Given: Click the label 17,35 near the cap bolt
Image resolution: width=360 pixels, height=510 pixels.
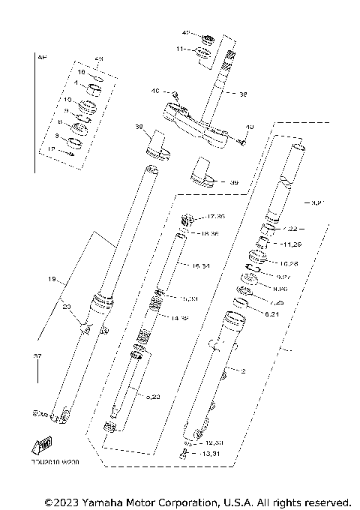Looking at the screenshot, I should (x=215, y=217).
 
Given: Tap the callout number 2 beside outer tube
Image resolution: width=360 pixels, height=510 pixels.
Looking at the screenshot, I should (x=242, y=370).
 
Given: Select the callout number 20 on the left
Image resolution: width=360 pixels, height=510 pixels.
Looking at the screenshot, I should (x=67, y=306).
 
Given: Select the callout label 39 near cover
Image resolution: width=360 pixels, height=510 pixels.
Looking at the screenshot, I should (x=233, y=182).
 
